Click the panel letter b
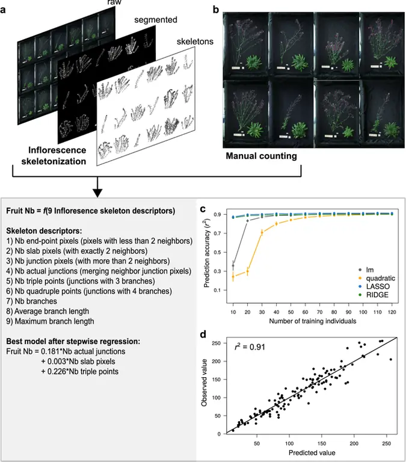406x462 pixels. (x=215, y=10)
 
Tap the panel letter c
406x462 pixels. (x=203, y=210)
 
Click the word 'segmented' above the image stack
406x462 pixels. (x=156, y=20)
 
